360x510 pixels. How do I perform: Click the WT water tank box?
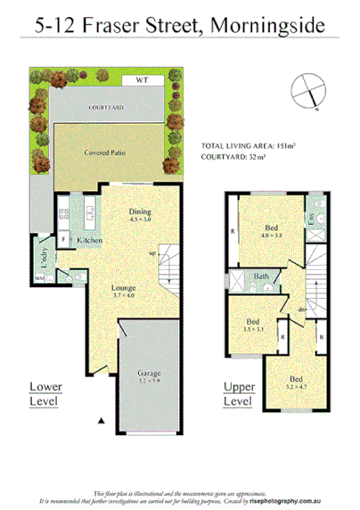140,80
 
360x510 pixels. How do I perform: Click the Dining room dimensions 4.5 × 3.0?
141,218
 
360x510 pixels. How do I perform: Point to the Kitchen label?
89,241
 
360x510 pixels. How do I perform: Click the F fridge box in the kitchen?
64,240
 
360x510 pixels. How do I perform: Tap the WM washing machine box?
39,279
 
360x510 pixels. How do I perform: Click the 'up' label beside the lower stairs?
152,254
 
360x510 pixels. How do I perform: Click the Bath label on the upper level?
261,277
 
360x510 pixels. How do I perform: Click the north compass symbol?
307,91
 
